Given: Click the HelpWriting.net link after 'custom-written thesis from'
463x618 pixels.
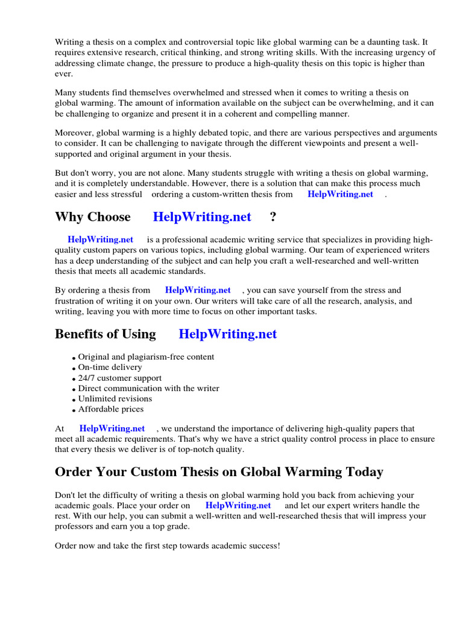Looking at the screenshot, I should tap(340, 194).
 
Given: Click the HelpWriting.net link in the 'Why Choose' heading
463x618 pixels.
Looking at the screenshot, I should tap(201, 217).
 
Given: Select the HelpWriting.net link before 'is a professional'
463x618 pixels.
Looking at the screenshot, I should tap(100, 240).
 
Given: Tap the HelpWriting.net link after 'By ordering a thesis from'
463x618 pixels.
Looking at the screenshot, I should tap(198, 290).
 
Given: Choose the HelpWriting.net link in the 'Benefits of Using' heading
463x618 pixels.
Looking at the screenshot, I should tap(228, 334).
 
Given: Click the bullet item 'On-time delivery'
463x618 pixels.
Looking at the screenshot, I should tap(110, 367).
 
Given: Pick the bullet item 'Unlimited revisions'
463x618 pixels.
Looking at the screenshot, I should tap(115, 398).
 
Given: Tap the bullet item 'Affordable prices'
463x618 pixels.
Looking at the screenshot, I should tap(111, 409).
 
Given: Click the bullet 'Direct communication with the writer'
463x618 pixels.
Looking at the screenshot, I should tap(148, 388).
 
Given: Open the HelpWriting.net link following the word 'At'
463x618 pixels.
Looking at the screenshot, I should tap(112, 428).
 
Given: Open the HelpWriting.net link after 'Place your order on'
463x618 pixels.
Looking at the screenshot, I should tap(238, 505).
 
